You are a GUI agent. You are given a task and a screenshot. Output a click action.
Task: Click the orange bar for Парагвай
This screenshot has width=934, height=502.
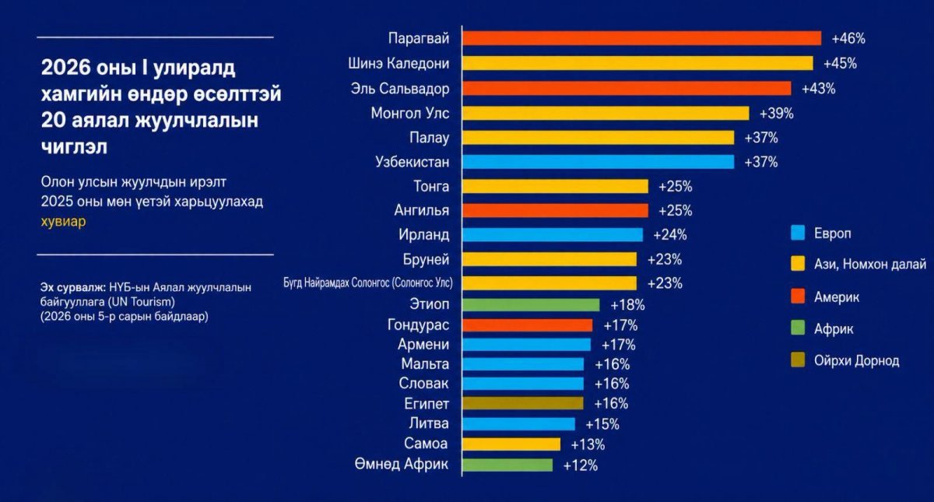641,38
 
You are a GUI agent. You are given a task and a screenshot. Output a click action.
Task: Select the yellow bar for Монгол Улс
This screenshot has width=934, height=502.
606,113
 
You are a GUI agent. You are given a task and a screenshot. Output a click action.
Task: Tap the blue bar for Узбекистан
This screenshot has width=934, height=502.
598,162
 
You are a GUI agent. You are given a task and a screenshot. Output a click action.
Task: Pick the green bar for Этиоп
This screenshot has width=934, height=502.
531,305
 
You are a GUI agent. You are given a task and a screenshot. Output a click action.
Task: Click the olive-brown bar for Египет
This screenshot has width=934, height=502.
523,403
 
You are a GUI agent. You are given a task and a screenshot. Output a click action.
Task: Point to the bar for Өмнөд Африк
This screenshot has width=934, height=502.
507,465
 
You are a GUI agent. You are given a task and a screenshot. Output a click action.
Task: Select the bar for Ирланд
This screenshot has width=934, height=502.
553,235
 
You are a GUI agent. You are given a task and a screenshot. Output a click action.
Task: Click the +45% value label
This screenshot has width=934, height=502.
840,64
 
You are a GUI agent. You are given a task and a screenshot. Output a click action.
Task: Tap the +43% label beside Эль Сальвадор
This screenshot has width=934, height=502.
819,89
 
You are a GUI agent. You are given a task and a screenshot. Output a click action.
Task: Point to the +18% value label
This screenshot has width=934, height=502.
627,305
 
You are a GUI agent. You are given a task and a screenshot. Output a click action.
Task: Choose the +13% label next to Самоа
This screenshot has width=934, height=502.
588,445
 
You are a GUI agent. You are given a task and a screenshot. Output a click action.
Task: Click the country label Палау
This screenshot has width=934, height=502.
429,138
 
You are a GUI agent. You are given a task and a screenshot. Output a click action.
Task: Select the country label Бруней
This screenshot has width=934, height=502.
426,259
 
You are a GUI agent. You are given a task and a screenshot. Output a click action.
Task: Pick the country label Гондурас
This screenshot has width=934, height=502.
418,325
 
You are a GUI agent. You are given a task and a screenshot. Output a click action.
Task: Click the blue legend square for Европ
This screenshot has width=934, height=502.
798,233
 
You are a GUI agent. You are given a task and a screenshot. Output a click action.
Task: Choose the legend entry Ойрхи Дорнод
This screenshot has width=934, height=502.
844,360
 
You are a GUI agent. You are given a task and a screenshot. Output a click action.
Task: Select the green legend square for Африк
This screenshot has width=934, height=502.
798,328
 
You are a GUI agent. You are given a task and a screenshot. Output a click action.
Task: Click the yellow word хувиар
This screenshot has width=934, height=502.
63,221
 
